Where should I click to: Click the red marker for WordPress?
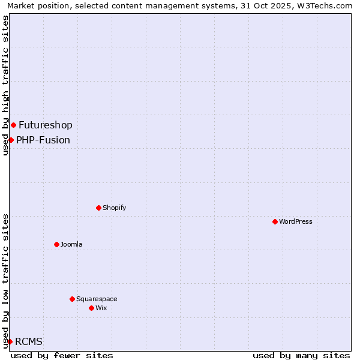[x=275, y=221]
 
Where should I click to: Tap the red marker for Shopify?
[x=99, y=208]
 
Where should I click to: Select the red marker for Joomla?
[x=57, y=244]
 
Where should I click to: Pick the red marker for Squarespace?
[x=73, y=299]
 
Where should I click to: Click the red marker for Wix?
[x=92, y=308]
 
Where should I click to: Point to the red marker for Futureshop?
[x=14, y=125]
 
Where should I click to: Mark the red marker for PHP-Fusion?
[x=11, y=140]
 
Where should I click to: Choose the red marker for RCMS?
[x=10, y=341]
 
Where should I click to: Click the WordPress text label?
[x=296, y=221]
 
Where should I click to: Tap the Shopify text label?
[x=114, y=208]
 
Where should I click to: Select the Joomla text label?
[x=71, y=244]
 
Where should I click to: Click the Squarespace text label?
[x=97, y=299]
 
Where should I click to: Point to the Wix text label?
[x=101, y=308]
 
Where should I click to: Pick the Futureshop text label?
[x=46, y=125]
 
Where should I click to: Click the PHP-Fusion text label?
[x=43, y=140]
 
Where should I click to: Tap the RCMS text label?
[x=29, y=341]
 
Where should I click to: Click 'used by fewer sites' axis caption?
[x=62, y=355]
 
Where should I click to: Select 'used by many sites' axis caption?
[x=301, y=355]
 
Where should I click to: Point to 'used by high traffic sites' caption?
[x=5, y=85]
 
